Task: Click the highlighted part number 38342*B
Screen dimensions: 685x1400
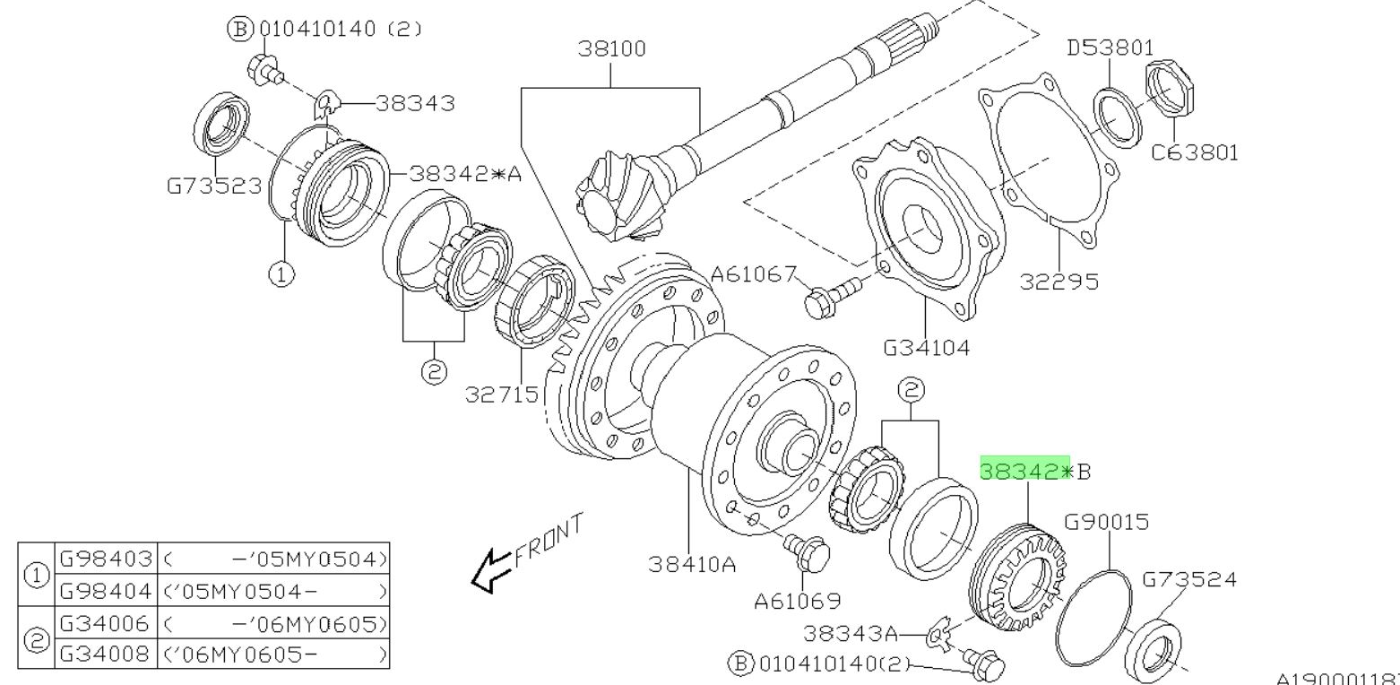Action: tap(1025, 471)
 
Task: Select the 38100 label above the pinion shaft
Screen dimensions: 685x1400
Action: tap(611, 48)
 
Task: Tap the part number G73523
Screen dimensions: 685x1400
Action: tap(214, 186)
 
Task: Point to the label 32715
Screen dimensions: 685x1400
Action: tap(502, 394)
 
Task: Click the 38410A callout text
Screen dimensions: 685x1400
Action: tap(692, 564)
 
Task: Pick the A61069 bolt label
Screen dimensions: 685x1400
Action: tap(797, 601)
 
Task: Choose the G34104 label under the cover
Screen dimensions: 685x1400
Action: tap(927, 347)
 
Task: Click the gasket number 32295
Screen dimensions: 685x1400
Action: tap(1059, 282)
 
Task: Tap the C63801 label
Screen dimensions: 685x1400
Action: tap(1195, 152)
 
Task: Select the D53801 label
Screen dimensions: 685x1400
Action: tap(1110, 48)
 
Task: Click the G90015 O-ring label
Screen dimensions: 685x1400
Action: tap(1106, 522)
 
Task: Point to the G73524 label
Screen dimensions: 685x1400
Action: tap(1188, 579)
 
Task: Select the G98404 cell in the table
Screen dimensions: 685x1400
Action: tap(106, 591)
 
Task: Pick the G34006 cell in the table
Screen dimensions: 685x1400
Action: tap(106, 622)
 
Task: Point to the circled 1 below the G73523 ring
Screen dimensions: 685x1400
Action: tap(281, 273)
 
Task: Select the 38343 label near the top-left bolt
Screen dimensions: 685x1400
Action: tap(414, 104)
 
